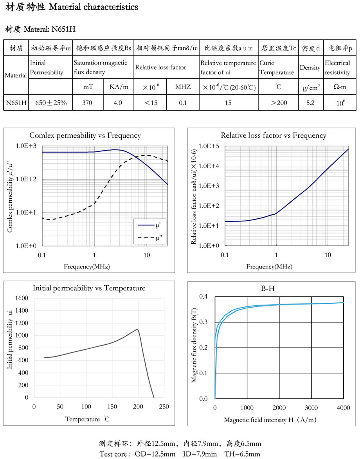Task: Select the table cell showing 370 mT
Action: pos(88,103)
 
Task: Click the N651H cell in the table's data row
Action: pos(16,103)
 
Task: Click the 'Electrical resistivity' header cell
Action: pos(337,67)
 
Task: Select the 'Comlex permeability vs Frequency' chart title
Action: pos(85,136)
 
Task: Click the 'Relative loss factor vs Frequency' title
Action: pos(273,136)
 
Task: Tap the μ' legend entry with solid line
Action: pos(150,225)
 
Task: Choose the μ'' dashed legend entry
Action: pos(150,238)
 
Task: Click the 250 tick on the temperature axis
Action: pos(164,407)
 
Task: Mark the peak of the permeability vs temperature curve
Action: pos(137,329)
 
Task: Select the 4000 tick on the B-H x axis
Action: pos(343,408)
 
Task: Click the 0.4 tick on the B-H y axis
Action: pos(203,297)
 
